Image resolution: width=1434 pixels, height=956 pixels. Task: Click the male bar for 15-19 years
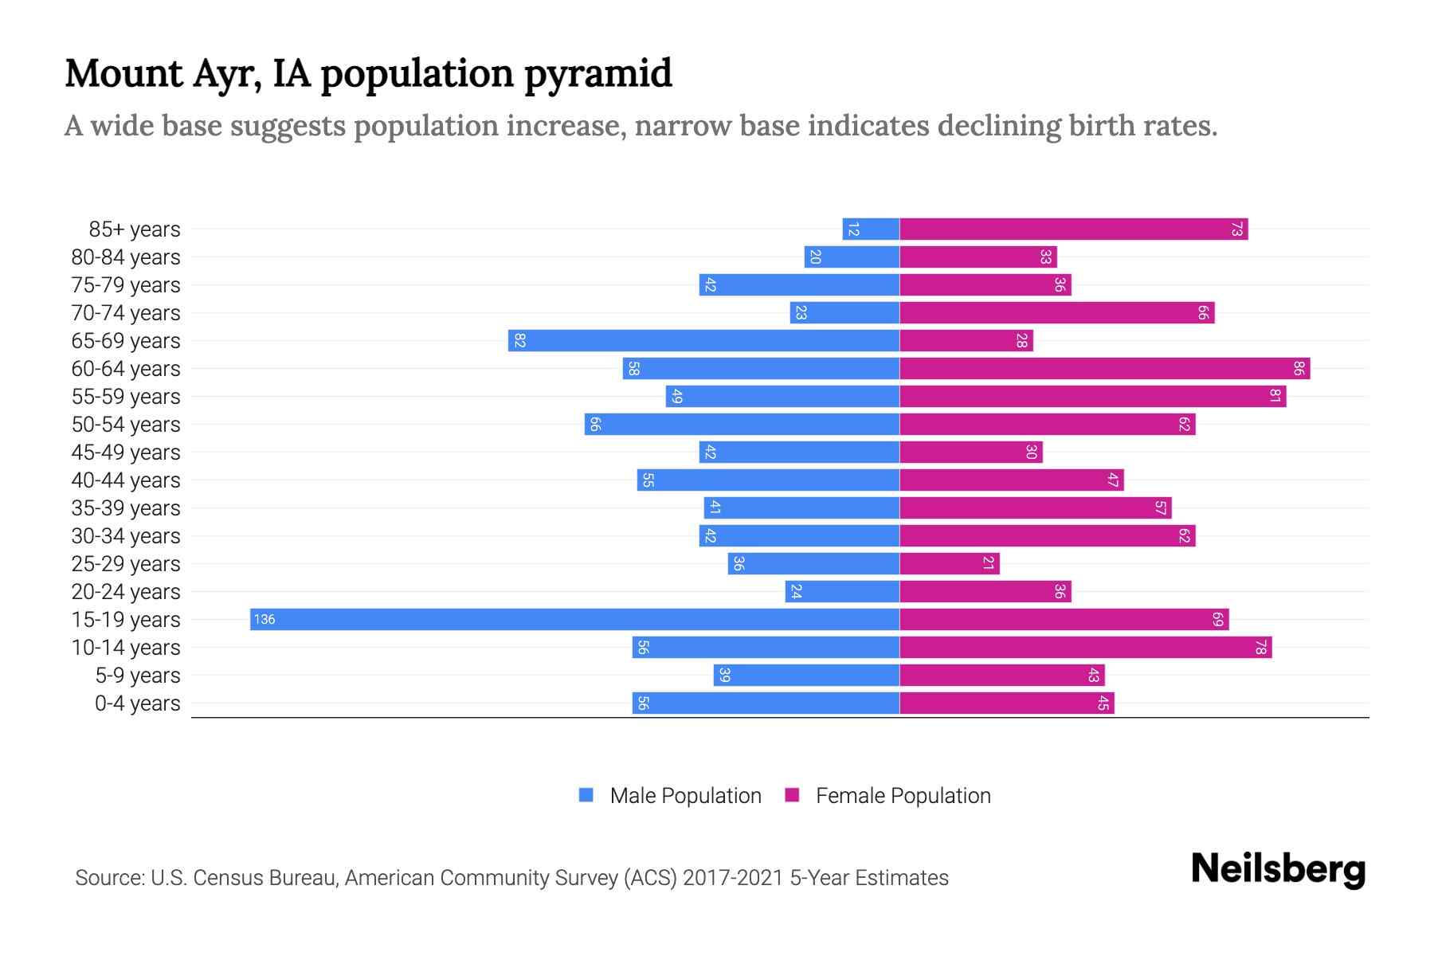coord(574,619)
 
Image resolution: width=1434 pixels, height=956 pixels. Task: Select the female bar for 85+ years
coord(1073,229)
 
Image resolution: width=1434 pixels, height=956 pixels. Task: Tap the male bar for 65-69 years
coord(703,340)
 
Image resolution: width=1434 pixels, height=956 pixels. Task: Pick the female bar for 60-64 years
coord(1104,368)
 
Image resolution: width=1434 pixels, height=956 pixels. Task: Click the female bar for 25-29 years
coord(950,563)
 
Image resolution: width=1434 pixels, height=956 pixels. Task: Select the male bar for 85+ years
coord(871,229)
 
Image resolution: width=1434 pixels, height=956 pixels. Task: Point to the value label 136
coord(264,619)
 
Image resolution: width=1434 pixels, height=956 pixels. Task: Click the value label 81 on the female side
coord(1275,396)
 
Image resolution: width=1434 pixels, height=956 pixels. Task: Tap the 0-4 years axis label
coord(137,703)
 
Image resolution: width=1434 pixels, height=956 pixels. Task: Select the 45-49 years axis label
coord(126,453)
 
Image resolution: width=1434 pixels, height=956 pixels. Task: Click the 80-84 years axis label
coord(126,257)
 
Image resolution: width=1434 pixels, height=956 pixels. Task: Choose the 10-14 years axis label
coord(126,648)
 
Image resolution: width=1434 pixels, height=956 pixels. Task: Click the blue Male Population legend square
coord(586,795)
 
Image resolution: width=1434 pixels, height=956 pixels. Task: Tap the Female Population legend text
coord(903,795)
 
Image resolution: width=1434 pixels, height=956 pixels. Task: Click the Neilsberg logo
coord(1278,869)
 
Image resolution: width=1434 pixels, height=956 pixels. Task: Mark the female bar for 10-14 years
coord(1085,647)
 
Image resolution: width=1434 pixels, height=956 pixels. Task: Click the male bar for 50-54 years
coord(742,424)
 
